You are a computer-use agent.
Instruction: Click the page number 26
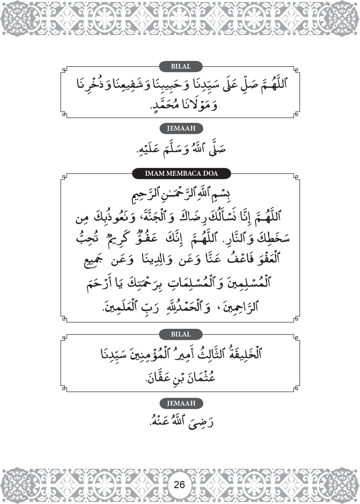click(180, 484)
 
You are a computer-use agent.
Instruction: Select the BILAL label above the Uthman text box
click(180, 334)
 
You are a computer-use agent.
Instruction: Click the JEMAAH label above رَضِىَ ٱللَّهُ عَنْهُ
click(180, 404)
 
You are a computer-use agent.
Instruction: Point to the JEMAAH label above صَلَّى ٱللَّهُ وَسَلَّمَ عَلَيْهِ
click(180, 128)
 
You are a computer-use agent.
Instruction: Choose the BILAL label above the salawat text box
click(180, 66)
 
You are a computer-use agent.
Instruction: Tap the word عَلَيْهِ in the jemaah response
click(151, 150)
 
